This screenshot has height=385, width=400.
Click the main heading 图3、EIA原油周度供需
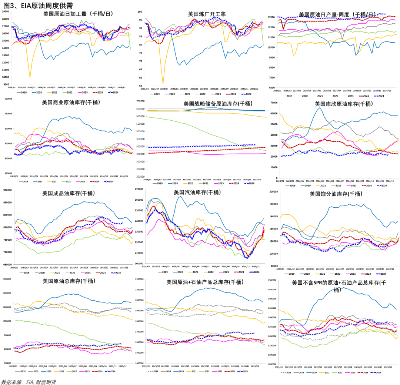coord(37,5)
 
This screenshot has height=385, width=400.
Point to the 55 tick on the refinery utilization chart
coord(140,84)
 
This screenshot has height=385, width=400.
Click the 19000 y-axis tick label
coord(5,11)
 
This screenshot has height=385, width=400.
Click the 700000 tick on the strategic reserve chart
coord(139,101)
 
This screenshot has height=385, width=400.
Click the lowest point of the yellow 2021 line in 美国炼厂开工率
coord(163,84)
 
